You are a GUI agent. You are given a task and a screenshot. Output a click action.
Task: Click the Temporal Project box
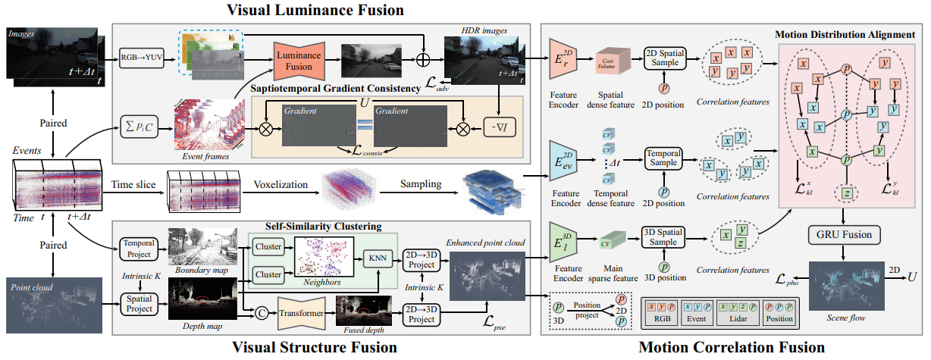click(x=136, y=249)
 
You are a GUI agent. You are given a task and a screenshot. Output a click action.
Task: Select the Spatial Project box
click(x=136, y=305)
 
